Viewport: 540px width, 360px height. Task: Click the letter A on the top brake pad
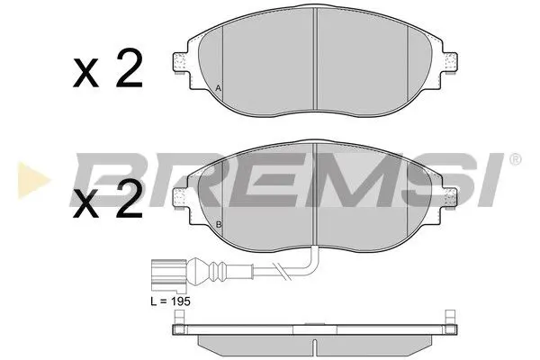219,87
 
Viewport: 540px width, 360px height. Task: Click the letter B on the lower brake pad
219,223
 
